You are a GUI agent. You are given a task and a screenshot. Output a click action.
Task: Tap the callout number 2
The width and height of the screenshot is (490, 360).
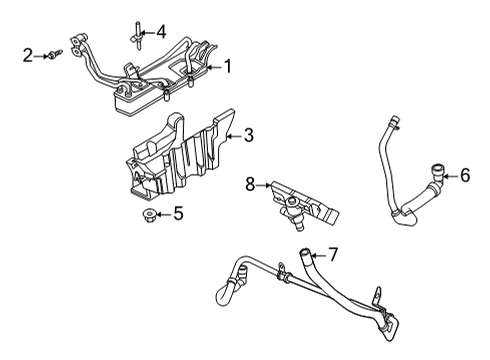(27, 56)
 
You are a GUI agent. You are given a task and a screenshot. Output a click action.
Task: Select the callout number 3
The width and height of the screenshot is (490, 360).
(250, 134)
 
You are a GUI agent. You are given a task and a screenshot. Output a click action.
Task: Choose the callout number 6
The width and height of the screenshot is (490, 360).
(464, 175)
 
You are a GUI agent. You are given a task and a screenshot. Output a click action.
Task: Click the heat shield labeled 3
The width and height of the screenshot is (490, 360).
(175, 155)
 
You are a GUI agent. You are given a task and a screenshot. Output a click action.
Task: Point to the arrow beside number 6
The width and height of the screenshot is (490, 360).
(449, 175)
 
